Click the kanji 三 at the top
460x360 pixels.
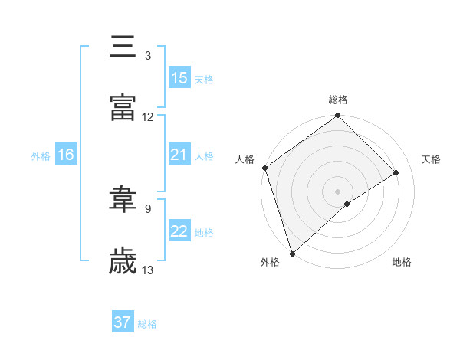(x=123, y=47)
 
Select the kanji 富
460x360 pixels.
(x=123, y=108)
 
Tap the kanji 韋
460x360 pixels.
(x=123, y=200)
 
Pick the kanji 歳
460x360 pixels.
(x=123, y=261)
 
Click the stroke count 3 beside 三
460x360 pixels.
(x=148, y=56)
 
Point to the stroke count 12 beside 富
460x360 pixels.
(x=148, y=117)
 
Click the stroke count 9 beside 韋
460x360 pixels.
(x=148, y=208)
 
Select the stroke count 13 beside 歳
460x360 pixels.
(x=148, y=270)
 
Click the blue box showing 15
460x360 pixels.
(x=179, y=78)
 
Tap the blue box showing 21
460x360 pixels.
(x=179, y=155)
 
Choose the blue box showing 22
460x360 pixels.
(x=179, y=231)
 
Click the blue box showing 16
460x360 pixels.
(x=66, y=155)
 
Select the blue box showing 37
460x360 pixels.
(x=123, y=322)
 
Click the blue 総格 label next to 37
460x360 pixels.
(x=148, y=324)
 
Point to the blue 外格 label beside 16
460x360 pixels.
(x=41, y=155)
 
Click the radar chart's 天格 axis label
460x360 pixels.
(x=432, y=159)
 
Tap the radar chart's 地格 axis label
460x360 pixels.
(x=402, y=263)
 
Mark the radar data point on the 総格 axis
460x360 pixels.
(x=338, y=116)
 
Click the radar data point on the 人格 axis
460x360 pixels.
(x=264, y=168)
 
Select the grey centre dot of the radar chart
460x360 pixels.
(x=338, y=191)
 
